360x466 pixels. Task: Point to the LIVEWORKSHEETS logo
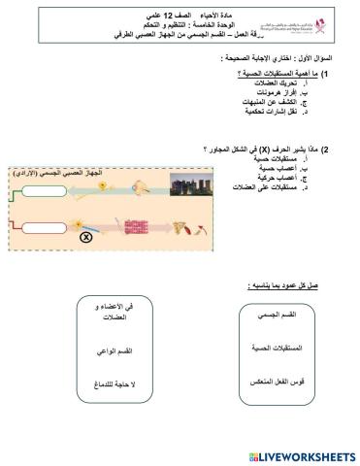click(x=302, y=455)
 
